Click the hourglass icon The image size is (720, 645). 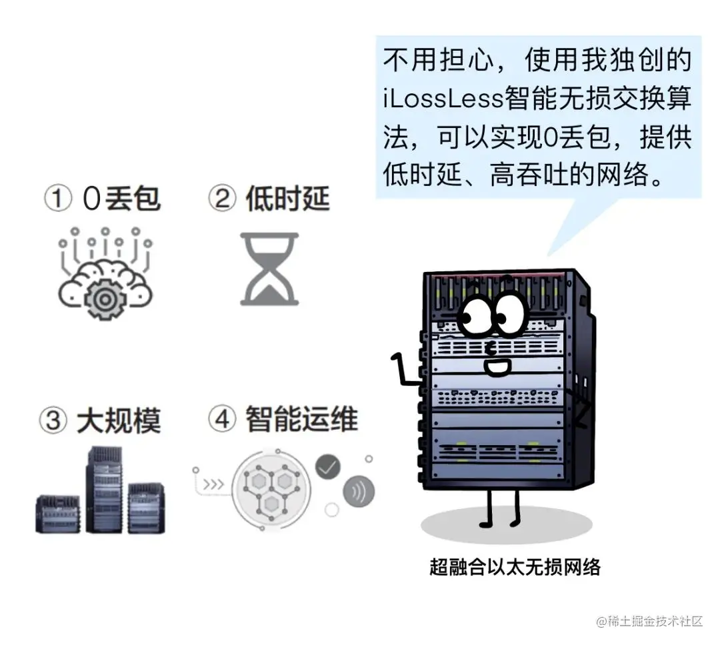[x=269, y=269]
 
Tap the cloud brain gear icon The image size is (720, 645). [x=104, y=276]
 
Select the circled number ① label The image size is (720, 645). [x=57, y=198]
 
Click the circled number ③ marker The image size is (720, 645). [x=52, y=420]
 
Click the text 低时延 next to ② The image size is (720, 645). [x=287, y=198]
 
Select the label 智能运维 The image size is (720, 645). [x=301, y=419]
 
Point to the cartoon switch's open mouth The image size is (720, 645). [x=497, y=366]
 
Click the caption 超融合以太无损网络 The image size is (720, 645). [x=515, y=567]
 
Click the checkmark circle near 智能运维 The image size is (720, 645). [x=327, y=468]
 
